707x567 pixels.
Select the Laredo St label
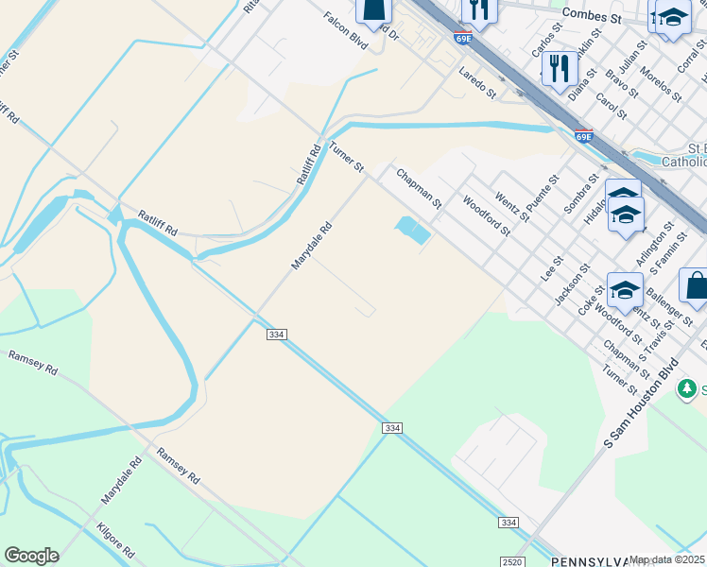click(x=477, y=82)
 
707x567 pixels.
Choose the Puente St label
click(x=538, y=200)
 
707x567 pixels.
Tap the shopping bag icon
click(x=695, y=287)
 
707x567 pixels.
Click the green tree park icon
click(x=690, y=388)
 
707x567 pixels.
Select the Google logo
click(x=31, y=556)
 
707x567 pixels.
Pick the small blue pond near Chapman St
click(x=412, y=229)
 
